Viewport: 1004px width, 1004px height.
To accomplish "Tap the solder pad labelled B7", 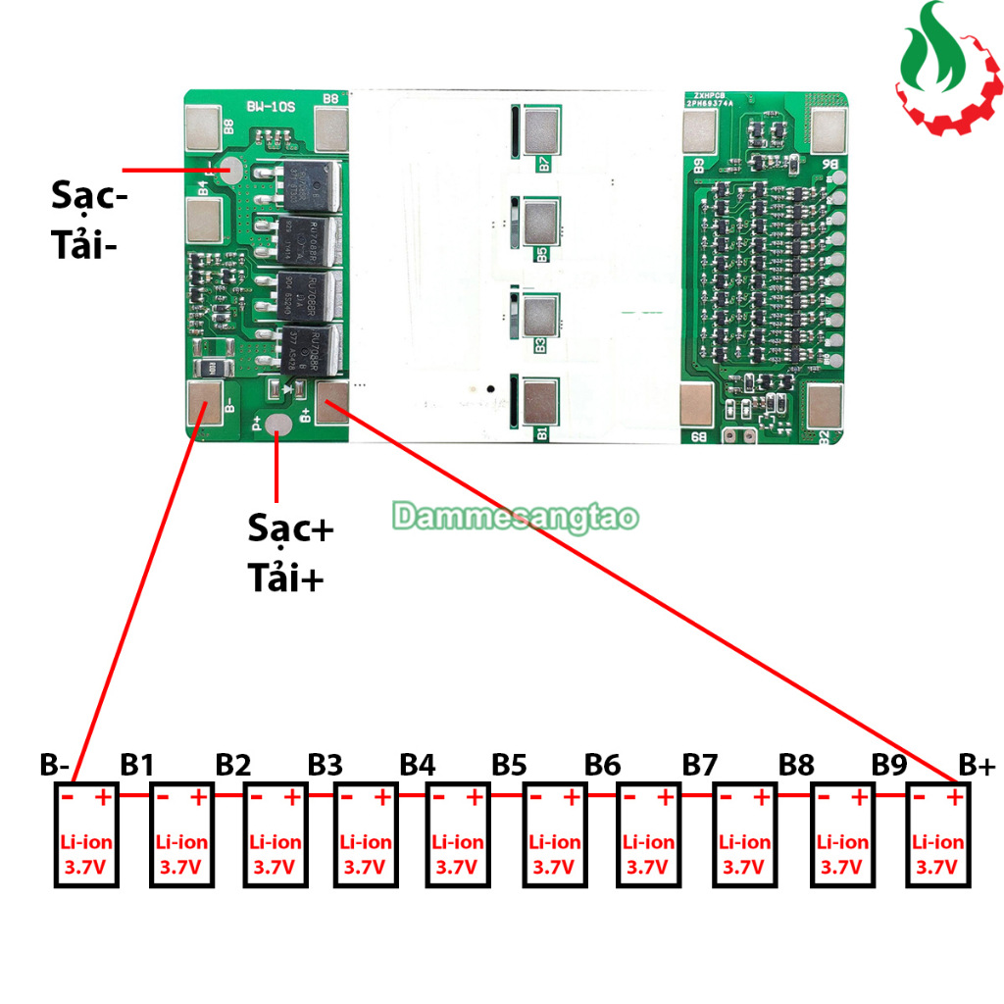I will click(541, 127).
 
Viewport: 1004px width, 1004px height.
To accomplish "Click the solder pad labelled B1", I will click(540, 402).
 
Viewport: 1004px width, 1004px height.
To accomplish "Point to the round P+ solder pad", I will click(278, 425).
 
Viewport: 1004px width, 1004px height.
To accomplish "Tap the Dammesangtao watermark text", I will click(516, 517).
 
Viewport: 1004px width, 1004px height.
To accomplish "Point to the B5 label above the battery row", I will click(510, 764).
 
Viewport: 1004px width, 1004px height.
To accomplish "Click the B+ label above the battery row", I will click(977, 764).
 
